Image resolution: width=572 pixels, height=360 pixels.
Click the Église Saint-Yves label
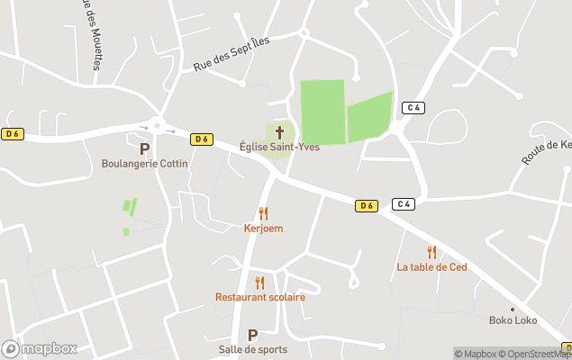279,147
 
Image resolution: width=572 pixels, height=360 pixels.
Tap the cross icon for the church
279,131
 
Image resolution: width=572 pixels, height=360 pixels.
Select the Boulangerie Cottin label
144,164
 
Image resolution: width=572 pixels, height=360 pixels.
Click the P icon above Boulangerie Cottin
144,148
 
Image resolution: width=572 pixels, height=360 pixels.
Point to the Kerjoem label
263,229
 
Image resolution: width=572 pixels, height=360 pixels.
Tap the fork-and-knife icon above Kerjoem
263,213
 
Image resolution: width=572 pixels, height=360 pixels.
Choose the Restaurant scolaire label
259,297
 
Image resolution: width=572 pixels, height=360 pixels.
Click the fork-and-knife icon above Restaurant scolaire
259,283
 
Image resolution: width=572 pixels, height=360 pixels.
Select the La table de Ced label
431,267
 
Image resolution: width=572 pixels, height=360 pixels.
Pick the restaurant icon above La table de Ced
431,252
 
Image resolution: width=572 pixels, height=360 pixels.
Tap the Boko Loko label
513,320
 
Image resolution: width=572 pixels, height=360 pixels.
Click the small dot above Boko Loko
513,309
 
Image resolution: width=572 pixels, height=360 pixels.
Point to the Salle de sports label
252,349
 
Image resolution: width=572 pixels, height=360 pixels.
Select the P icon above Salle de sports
252,335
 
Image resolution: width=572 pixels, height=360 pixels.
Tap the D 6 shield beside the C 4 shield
366,205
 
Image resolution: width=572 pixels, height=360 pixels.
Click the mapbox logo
40,348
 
